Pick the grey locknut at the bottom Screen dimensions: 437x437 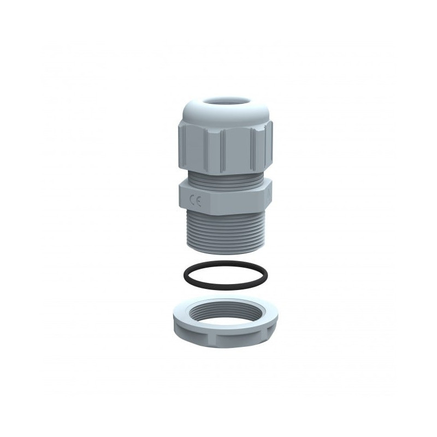click(x=224, y=324)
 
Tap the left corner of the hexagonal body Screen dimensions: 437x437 click(x=178, y=194)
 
